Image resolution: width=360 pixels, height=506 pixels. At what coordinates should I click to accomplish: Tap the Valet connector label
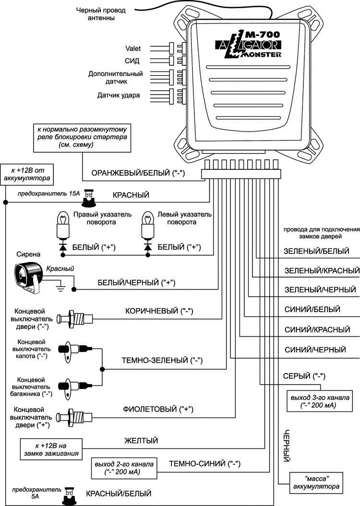pos(132,48)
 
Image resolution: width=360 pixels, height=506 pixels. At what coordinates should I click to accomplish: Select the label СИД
pos(132,61)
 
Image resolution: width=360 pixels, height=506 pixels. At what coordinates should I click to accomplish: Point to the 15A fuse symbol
pos(88,195)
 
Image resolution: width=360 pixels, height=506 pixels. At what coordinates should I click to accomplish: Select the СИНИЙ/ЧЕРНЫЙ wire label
pos(315,349)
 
